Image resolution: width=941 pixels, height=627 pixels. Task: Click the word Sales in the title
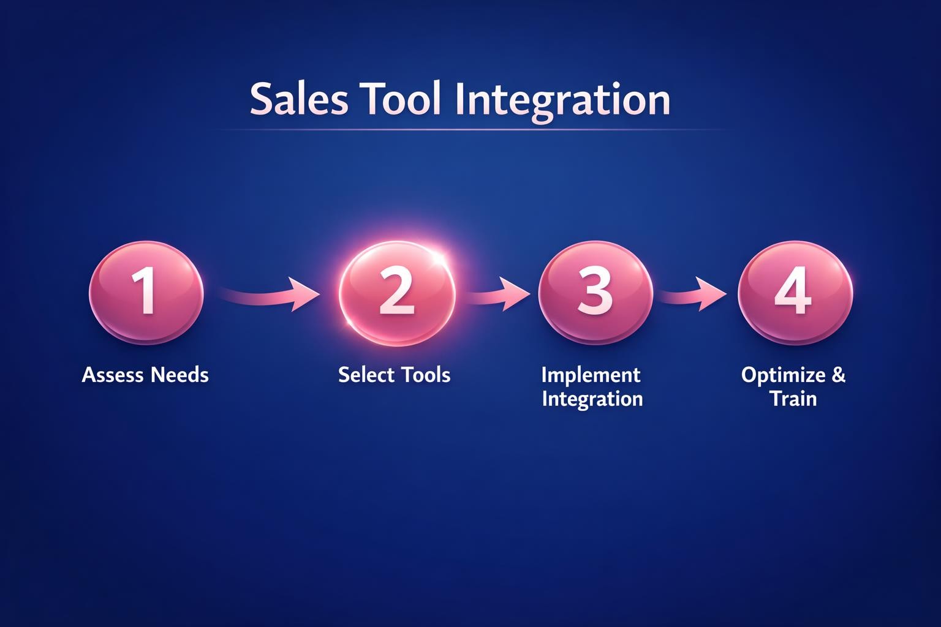[x=298, y=100]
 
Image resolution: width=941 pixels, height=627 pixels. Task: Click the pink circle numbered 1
[x=146, y=292]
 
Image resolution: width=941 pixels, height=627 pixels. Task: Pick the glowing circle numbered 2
[x=397, y=293]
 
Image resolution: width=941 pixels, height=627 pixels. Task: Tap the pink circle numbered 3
[x=595, y=292]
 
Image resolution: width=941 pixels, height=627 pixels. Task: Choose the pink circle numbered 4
[x=795, y=292]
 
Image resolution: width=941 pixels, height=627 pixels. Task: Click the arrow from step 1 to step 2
[x=270, y=295]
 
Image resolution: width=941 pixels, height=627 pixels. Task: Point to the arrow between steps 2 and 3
[x=497, y=295]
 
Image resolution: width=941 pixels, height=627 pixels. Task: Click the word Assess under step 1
[x=113, y=375]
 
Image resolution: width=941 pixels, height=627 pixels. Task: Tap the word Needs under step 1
[x=180, y=375]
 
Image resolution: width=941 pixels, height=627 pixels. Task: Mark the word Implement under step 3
[x=591, y=375]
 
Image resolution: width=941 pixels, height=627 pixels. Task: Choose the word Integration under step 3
[x=592, y=399]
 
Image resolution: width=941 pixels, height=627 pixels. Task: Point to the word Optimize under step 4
[x=782, y=375]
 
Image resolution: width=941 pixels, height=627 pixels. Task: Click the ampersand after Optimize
[x=838, y=375]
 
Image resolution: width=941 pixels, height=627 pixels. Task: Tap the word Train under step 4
[x=793, y=399]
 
